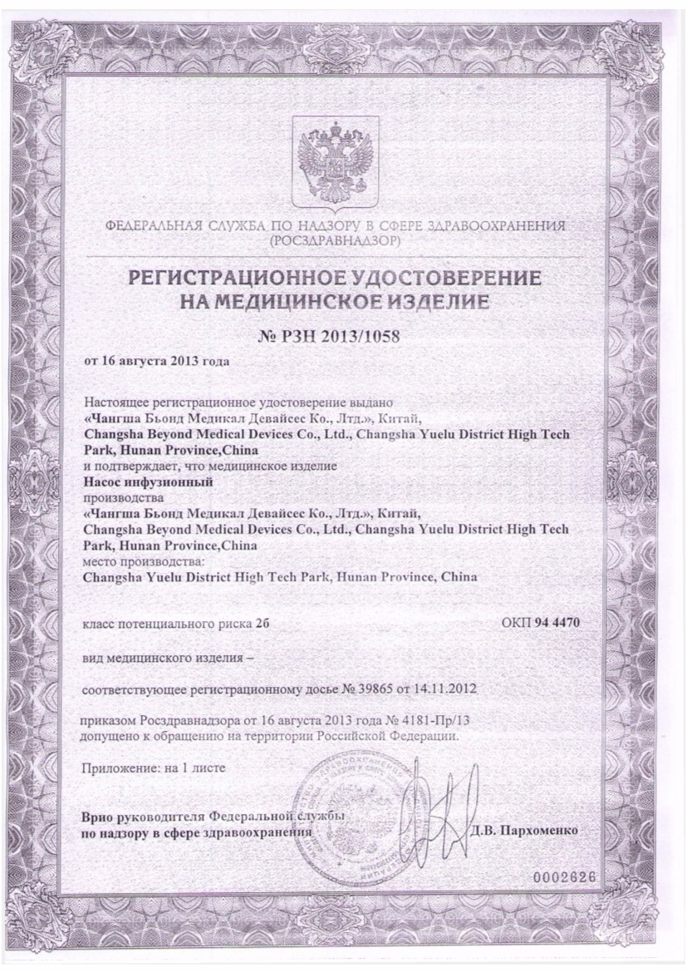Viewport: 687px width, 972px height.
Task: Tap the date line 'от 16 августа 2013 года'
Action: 157,361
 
